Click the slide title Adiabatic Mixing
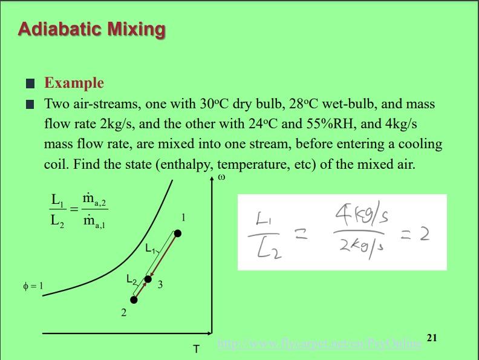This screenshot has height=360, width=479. tap(91, 28)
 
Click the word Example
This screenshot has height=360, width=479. tap(74, 83)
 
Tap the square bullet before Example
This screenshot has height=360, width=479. tap(31, 83)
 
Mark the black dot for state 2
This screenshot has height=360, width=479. tap(134, 299)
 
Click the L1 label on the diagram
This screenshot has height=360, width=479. tap(151, 247)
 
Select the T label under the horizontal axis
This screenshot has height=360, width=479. tap(196, 349)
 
